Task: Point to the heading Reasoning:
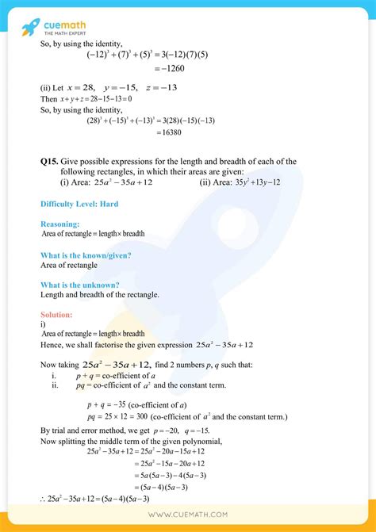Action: click(x=60, y=224)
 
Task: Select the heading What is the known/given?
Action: click(x=86, y=255)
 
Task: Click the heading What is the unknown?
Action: click(x=80, y=285)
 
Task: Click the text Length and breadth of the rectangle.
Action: click(x=100, y=295)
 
